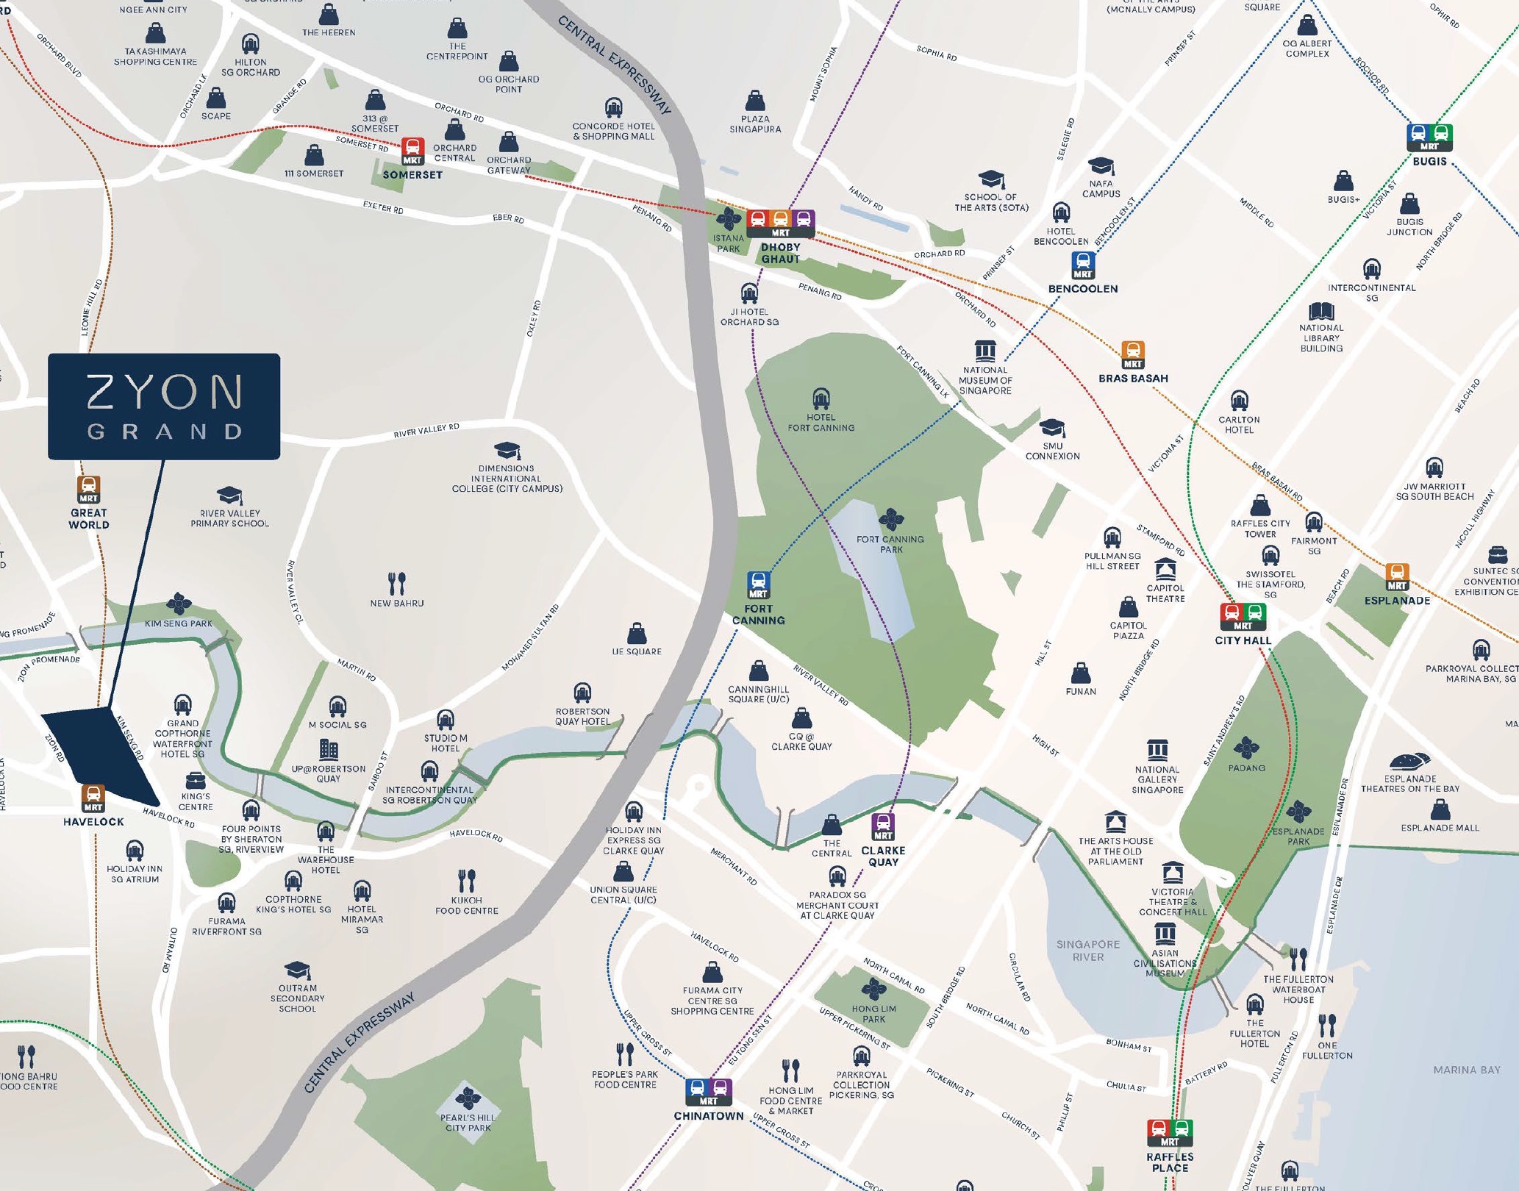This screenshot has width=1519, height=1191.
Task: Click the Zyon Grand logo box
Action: [x=164, y=406]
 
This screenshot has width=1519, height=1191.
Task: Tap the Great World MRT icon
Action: [x=89, y=489]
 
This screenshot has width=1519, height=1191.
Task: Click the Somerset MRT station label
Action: [x=412, y=175]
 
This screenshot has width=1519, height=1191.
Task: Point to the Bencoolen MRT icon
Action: [x=1083, y=265]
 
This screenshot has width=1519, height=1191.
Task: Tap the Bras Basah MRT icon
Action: [x=1133, y=354]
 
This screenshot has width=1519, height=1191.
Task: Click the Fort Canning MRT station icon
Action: [x=758, y=585]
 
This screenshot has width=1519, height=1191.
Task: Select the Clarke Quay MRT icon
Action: [x=883, y=826]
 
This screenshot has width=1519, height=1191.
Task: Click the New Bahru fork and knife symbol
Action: [x=397, y=583]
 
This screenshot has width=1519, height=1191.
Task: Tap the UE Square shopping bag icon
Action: [x=637, y=633]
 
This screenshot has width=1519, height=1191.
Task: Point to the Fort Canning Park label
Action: [x=890, y=544]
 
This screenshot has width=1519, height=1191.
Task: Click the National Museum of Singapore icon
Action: [x=985, y=351]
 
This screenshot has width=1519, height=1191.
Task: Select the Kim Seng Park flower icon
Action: [x=179, y=604]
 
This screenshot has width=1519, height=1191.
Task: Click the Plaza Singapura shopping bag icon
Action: [x=755, y=101]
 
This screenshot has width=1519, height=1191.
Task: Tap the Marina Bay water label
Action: [x=1466, y=1070]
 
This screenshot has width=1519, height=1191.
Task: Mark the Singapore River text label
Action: [x=1087, y=950]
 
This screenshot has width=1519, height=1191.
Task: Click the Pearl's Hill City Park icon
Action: [x=468, y=1098]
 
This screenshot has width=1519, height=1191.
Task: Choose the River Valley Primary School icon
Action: [x=229, y=495]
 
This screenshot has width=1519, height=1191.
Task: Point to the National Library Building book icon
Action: [x=1321, y=311]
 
